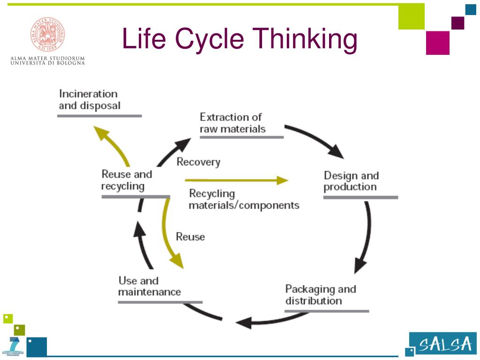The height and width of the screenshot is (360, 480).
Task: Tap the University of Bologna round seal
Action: (x=48, y=34)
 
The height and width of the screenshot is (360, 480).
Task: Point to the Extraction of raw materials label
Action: (x=232, y=123)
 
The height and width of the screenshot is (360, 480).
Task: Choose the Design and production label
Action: (x=351, y=181)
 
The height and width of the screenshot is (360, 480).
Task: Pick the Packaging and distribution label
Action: (x=321, y=294)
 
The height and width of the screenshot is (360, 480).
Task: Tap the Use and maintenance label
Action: (x=149, y=286)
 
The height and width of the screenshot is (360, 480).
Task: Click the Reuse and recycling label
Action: (x=127, y=180)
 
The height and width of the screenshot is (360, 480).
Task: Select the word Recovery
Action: (x=198, y=162)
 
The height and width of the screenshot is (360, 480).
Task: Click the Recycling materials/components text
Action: (x=243, y=199)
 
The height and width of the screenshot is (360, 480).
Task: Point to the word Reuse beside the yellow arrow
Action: (x=190, y=237)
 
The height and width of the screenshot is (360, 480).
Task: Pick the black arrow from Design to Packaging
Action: (x=365, y=239)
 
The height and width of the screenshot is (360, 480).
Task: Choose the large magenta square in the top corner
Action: (x=437, y=43)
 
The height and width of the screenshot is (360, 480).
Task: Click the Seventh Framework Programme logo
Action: (x=14, y=347)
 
